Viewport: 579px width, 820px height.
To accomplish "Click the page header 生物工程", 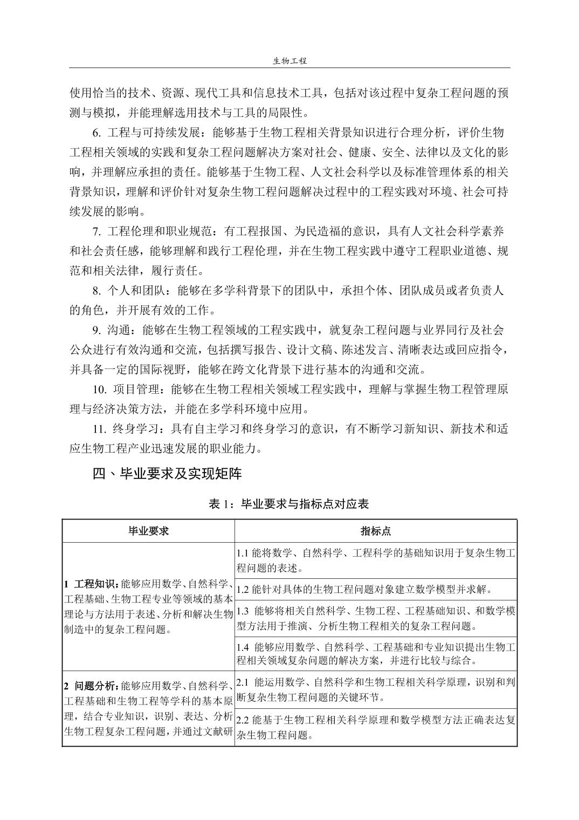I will pos(289,61).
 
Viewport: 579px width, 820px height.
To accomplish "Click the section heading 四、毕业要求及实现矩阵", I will pos(167,474).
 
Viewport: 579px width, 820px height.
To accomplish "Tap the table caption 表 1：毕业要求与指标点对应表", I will pos(289,504).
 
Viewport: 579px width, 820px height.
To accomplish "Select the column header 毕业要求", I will pos(148,531).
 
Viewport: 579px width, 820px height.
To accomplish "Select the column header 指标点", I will pos(376,531).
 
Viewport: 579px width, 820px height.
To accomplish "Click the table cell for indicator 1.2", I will pos(376,589).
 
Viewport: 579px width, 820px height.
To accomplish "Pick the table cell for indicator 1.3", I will pos(376,618).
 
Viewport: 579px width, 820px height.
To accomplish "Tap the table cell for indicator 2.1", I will pos(376,689).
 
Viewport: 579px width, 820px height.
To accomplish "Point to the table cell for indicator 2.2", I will pos(376,727).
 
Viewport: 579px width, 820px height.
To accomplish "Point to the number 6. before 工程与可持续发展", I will pos(96,133).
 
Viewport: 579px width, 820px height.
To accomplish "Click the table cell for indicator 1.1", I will pos(376,560).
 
